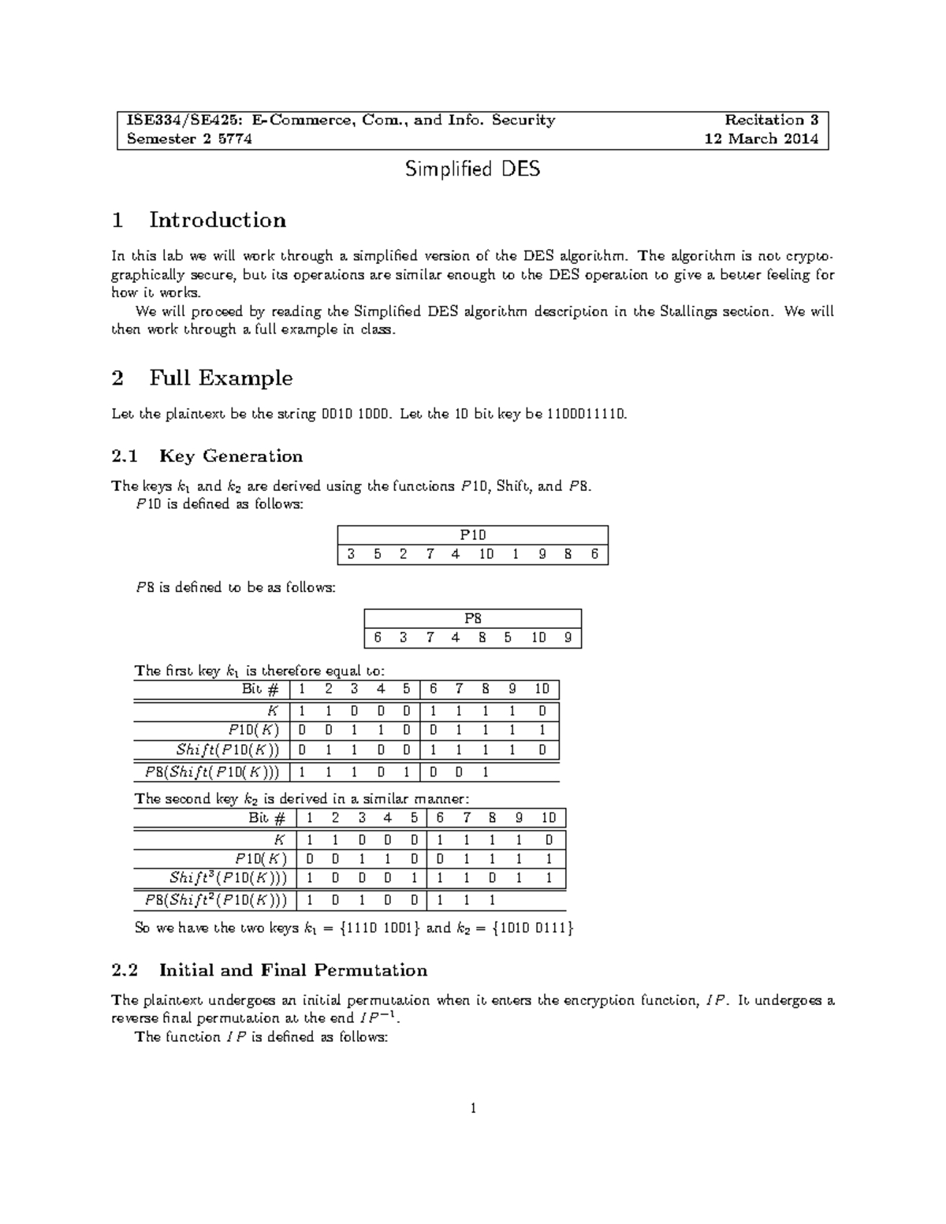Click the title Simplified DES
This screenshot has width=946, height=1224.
point(472,169)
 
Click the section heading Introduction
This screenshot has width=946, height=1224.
point(217,220)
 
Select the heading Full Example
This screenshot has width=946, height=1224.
point(221,378)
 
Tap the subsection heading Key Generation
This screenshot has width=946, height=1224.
point(230,456)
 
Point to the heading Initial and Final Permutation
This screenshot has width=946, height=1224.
point(292,970)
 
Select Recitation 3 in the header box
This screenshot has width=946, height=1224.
point(771,121)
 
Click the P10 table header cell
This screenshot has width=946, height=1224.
point(472,535)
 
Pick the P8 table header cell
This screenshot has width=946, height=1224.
point(472,619)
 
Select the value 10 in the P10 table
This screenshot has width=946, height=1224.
point(486,554)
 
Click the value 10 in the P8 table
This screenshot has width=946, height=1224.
point(538,638)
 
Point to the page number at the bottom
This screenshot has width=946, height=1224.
point(473,1109)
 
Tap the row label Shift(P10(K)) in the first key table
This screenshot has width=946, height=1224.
point(228,750)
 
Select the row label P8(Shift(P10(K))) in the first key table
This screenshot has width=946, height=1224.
point(214,772)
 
